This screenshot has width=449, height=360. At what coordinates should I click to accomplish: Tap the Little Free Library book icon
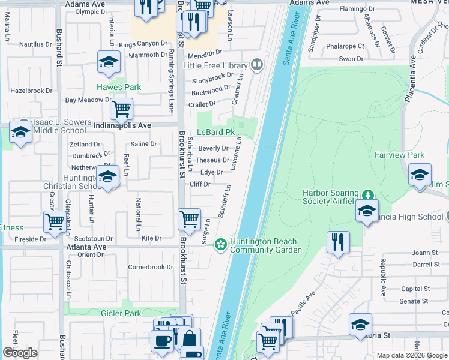(x=256, y=64)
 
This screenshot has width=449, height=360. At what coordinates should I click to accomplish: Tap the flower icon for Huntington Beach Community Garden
(x=221, y=243)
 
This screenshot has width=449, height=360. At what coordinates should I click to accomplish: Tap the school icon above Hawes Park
(x=109, y=61)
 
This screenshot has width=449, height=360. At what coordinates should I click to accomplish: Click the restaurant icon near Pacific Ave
(x=338, y=241)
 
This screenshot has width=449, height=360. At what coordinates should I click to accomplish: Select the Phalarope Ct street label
(x=345, y=46)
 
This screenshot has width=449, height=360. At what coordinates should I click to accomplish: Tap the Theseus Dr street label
(x=212, y=160)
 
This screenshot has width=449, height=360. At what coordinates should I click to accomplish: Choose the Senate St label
(x=414, y=301)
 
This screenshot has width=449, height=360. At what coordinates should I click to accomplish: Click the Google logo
(x=20, y=353)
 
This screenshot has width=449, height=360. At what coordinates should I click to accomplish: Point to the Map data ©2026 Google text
(x=411, y=355)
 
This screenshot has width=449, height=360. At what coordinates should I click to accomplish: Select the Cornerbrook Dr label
(x=151, y=267)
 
